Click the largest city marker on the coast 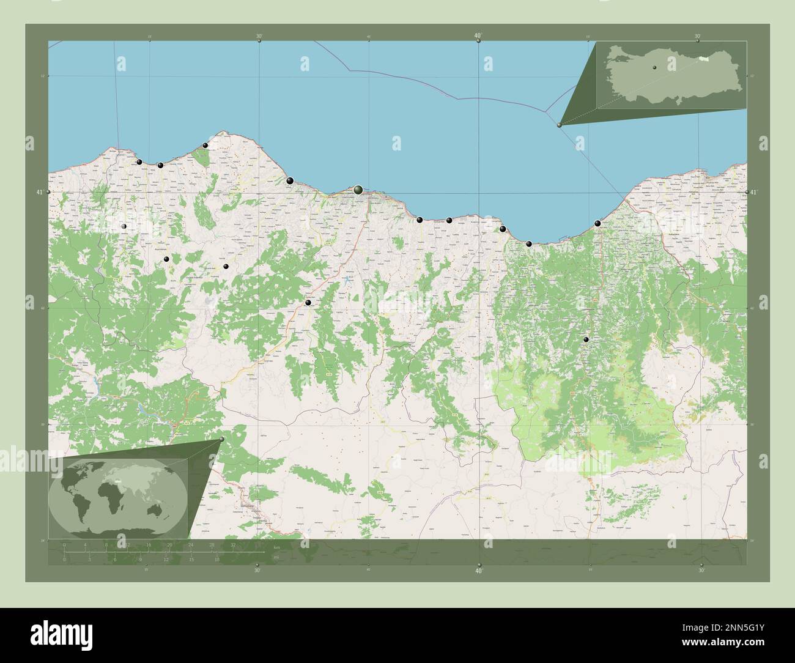[358, 191]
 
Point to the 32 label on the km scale [233, 544]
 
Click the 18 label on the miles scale [216, 559]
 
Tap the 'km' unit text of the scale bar [277, 547]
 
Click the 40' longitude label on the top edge [478, 36]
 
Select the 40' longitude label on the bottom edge [478, 571]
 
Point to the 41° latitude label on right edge [754, 193]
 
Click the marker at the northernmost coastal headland [205, 146]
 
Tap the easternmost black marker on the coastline [597, 223]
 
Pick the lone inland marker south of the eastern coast [586, 339]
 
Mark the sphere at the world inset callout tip [221, 439]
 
